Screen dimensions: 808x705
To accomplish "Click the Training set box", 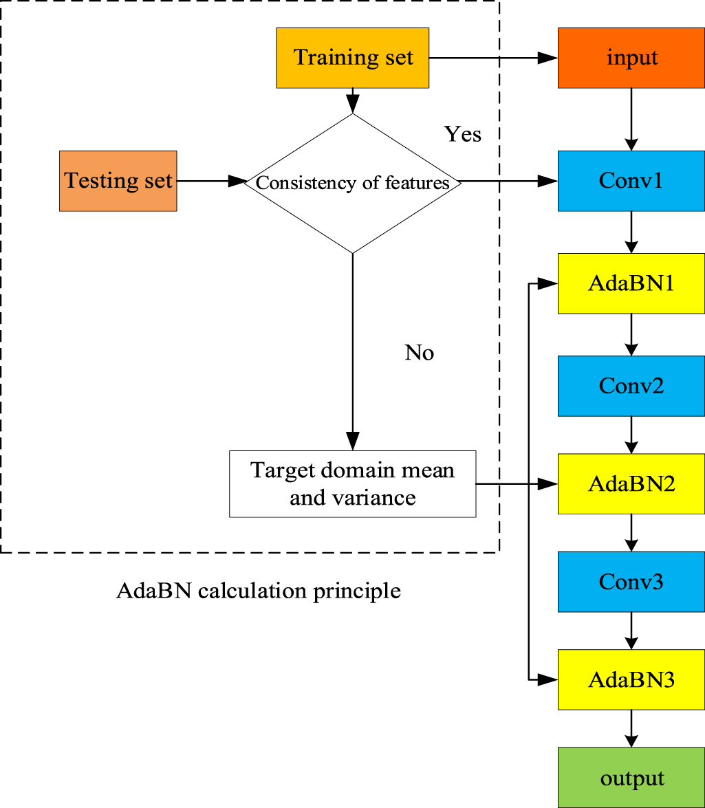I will pos(352,58).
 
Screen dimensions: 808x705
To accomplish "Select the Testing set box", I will pos(118,181).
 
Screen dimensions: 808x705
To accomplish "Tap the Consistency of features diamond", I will pos(352,183).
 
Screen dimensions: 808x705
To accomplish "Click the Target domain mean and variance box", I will pos(352,483).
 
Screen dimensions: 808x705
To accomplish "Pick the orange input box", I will pos(631,58).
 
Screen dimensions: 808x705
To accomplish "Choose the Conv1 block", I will pos(631,181).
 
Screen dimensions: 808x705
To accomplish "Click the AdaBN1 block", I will pos(631,283).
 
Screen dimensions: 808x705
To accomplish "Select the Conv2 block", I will pos(631,386).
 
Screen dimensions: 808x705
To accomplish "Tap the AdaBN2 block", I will pos(631,483).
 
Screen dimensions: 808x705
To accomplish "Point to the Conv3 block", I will pos(631,582).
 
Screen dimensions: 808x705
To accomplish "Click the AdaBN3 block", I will pos(631,680).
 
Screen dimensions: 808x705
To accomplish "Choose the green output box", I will pos(631,778).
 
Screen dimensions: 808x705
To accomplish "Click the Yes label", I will pos(462,133).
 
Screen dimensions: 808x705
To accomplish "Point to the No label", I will pos(419,353).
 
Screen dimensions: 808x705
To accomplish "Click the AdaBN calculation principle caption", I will pos(258,590).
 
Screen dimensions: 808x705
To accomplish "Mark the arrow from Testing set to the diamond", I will pos(210,182).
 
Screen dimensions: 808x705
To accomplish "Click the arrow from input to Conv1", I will pos(631,119).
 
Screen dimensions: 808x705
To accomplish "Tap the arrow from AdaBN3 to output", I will pos(631,728).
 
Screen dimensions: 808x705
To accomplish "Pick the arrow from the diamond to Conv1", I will pos(508,182).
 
